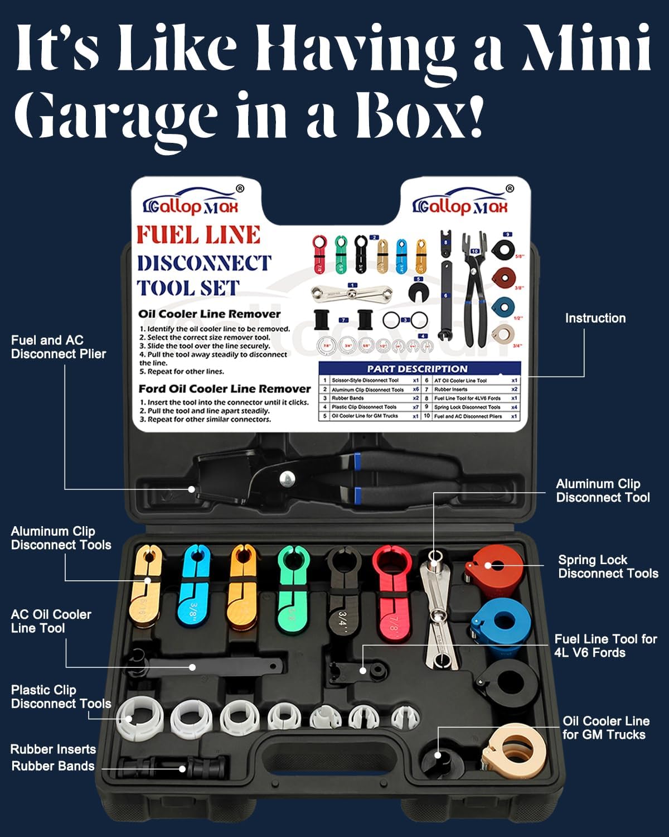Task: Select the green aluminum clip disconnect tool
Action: [x=291, y=589]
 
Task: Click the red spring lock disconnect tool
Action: [x=494, y=569]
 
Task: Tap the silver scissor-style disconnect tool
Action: [x=440, y=614]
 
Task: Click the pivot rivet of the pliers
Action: [x=287, y=478]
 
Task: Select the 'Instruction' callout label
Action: [x=595, y=318]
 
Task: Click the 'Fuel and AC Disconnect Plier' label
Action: [x=58, y=347]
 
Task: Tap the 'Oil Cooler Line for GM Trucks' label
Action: [x=605, y=728]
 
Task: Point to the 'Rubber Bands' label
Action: [x=53, y=766]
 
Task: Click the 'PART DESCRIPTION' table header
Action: [x=417, y=369]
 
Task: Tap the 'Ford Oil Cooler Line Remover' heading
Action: [x=224, y=388]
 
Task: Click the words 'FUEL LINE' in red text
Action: [x=198, y=235]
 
